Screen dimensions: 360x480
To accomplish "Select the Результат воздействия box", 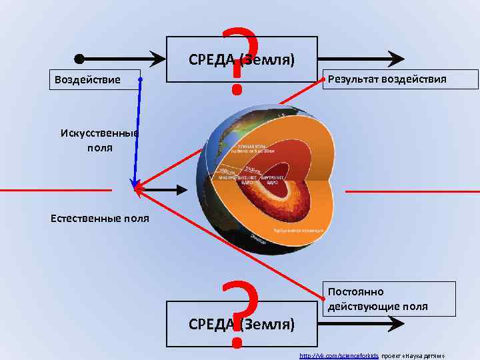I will coord(400,79).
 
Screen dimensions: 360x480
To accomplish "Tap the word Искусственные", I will coord(99,133).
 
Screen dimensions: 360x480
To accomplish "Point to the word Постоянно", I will coord(355,292).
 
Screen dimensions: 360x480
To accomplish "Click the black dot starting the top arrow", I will coord(79,58).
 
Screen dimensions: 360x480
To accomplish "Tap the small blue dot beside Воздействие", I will coord(141,80).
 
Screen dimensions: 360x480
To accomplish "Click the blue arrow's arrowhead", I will coord(135,183).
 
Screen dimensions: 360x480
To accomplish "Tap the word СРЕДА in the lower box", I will coord(211,325).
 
